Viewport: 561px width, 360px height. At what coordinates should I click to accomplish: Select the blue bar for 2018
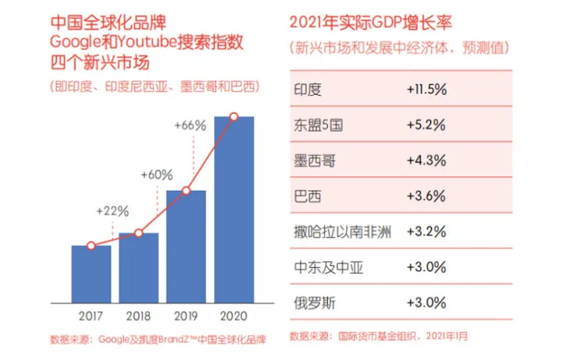pyautogui.click(x=139, y=268)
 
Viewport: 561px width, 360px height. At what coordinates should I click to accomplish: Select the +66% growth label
pyautogui.click(x=190, y=125)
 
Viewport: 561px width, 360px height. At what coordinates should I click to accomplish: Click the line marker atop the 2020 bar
pyautogui.click(x=234, y=118)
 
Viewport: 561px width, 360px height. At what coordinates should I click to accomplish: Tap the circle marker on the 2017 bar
pyautogui.click(x=91, y=245)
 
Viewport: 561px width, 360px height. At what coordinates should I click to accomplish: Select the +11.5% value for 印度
pyautogui.click(x=426, y=90)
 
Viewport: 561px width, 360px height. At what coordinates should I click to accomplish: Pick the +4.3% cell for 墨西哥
pyautogui.click(x=426, y=161)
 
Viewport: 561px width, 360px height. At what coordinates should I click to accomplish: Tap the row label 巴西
pyautogui.click(x=308, y=196)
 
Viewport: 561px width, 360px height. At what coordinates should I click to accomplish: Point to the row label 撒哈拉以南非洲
pyautogui.click(x=342, y=231)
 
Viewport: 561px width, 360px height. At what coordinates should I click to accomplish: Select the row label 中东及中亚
pyautogui.click(x=328, y=267)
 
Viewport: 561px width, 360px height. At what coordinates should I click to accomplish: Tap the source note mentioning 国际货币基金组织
pyautogui.click(x=379, y=337)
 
